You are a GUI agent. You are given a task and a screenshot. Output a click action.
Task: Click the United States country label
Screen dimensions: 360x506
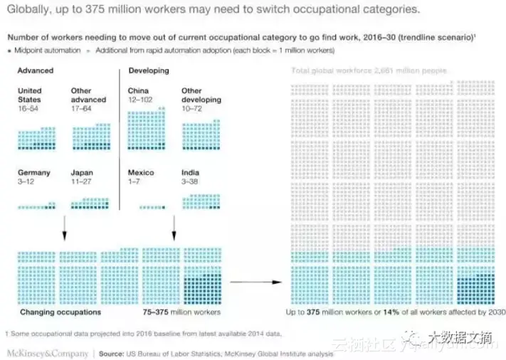[29, 95]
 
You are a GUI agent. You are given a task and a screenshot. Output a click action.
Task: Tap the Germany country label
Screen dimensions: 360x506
[33, 173]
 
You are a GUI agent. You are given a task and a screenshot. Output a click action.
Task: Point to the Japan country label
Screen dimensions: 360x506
[82, 173]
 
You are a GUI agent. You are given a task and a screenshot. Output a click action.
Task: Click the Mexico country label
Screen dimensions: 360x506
[140, 173]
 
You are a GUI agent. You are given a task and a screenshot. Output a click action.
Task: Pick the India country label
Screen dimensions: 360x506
[190, 173]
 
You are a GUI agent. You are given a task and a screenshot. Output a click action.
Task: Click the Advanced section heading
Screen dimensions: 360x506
[36, 71]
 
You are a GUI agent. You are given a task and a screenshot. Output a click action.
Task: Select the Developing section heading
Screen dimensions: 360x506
[148, 71]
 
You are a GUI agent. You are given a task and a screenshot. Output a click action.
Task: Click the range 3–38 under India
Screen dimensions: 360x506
[190, 181]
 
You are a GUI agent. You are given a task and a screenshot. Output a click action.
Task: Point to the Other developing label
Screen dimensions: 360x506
[201, 95]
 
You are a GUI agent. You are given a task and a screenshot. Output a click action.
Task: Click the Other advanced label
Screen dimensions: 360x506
[88, 95]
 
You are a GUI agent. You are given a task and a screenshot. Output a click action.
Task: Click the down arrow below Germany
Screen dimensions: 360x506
[65, 228]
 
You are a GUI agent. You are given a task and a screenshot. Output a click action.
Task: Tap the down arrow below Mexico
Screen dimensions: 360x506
[174, 228]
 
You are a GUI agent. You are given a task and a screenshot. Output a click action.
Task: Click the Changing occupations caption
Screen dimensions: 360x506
[60, 312]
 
